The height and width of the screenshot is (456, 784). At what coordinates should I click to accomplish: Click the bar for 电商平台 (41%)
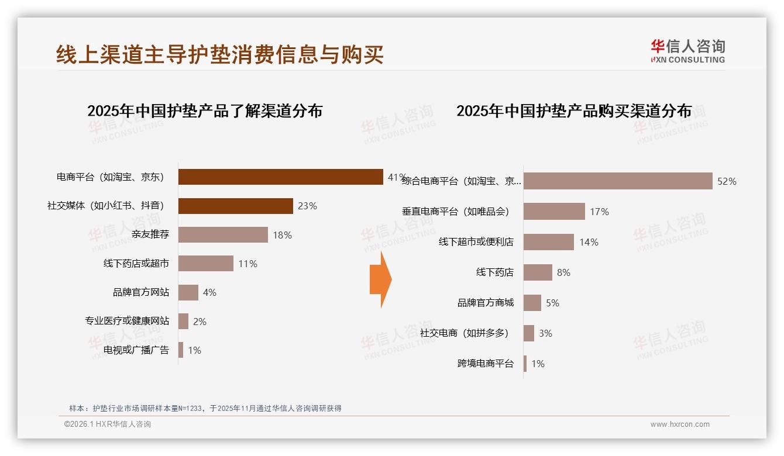280,177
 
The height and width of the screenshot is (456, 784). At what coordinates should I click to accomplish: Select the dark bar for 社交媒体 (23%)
235,206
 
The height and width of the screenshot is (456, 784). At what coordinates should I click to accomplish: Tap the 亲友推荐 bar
223,234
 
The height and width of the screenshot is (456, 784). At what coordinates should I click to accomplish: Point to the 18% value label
282,235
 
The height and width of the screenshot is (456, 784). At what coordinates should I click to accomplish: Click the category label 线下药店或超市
136,264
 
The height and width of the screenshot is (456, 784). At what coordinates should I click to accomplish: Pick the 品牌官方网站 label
141,292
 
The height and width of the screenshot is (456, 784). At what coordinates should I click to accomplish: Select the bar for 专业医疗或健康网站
183,321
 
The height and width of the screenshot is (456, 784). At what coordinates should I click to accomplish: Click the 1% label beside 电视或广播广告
194,350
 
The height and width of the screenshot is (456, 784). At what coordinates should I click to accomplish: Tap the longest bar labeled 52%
618,181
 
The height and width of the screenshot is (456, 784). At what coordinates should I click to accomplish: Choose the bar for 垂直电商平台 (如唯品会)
554,212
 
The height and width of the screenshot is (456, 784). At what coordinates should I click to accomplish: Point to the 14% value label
589,242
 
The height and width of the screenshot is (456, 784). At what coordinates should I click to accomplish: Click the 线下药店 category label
494,272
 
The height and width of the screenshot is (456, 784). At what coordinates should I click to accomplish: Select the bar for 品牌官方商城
532,303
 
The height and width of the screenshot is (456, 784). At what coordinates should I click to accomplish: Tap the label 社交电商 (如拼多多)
464,333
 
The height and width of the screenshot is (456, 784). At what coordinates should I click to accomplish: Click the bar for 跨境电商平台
525,364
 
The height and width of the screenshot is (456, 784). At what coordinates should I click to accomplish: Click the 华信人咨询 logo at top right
687,51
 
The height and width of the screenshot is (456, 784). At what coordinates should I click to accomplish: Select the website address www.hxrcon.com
680,424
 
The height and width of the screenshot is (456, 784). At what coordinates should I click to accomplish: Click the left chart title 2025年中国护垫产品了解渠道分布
205,111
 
